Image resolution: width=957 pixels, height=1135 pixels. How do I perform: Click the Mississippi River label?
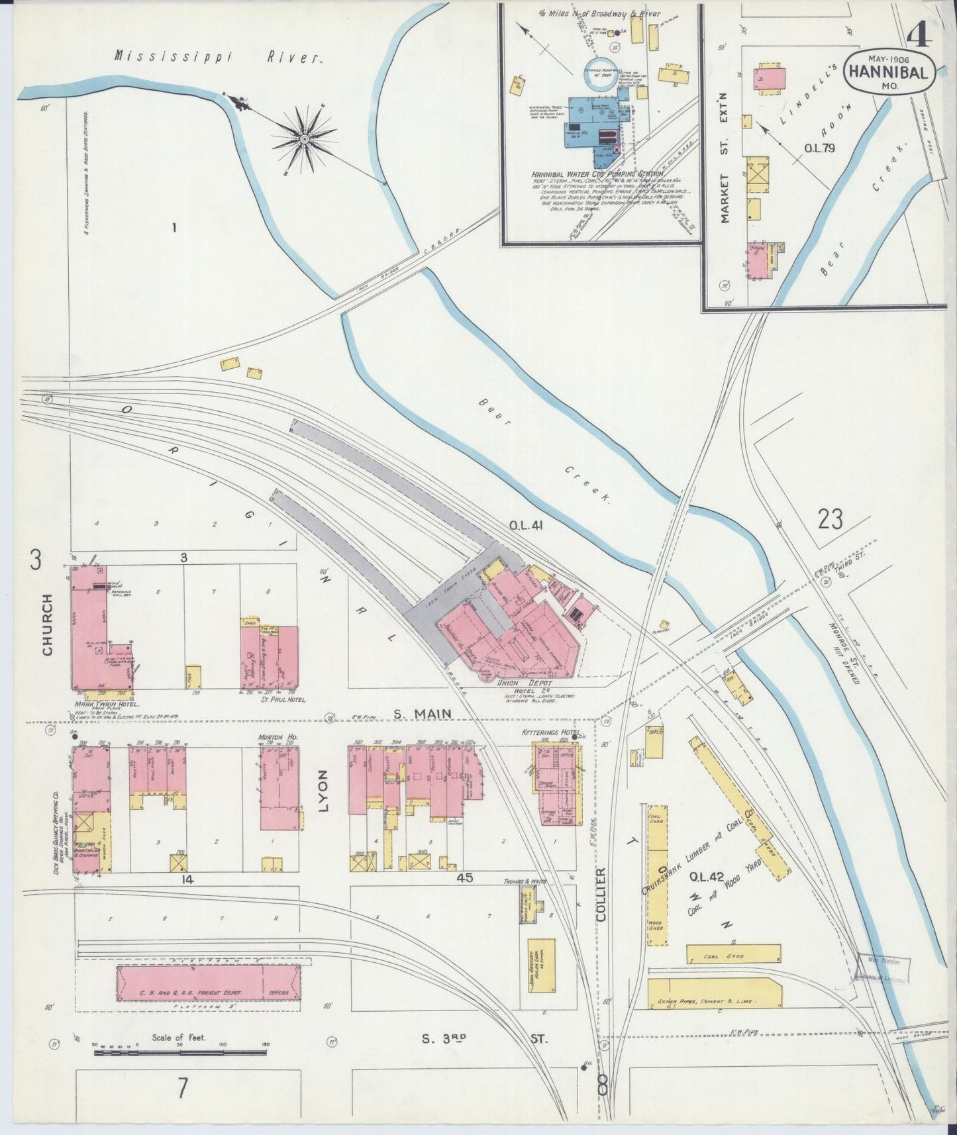(218, 57)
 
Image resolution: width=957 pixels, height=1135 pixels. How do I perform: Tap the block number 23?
(830, 519)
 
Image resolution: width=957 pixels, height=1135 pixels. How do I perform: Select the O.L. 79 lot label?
(819, 148)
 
